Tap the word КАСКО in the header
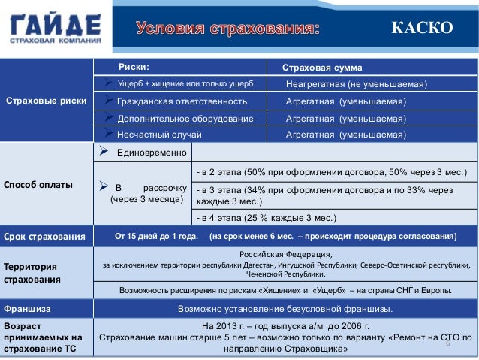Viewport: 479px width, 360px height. point(422,29)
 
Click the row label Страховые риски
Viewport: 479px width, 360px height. point(46,101)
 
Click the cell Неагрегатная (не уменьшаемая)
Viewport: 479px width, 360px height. point(357,83)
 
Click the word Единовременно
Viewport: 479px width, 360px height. point(151,153)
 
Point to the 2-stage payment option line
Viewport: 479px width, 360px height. point(331,172)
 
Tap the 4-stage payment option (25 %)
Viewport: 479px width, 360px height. point(266,219)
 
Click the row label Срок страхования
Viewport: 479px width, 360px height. point(44,237)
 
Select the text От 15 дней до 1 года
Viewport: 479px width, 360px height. point(156,237)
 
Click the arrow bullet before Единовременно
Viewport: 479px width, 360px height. point(104,152)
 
